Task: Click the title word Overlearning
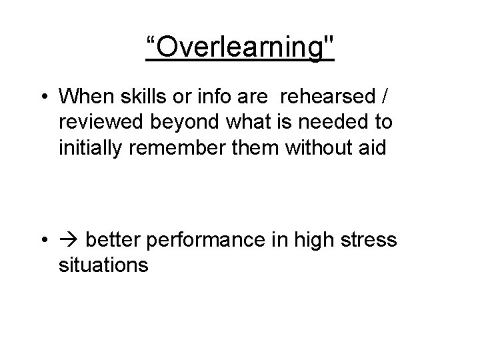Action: point(240,47)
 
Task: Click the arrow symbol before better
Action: point(69,239)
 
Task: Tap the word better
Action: point(111,239)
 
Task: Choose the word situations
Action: point(103,265)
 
